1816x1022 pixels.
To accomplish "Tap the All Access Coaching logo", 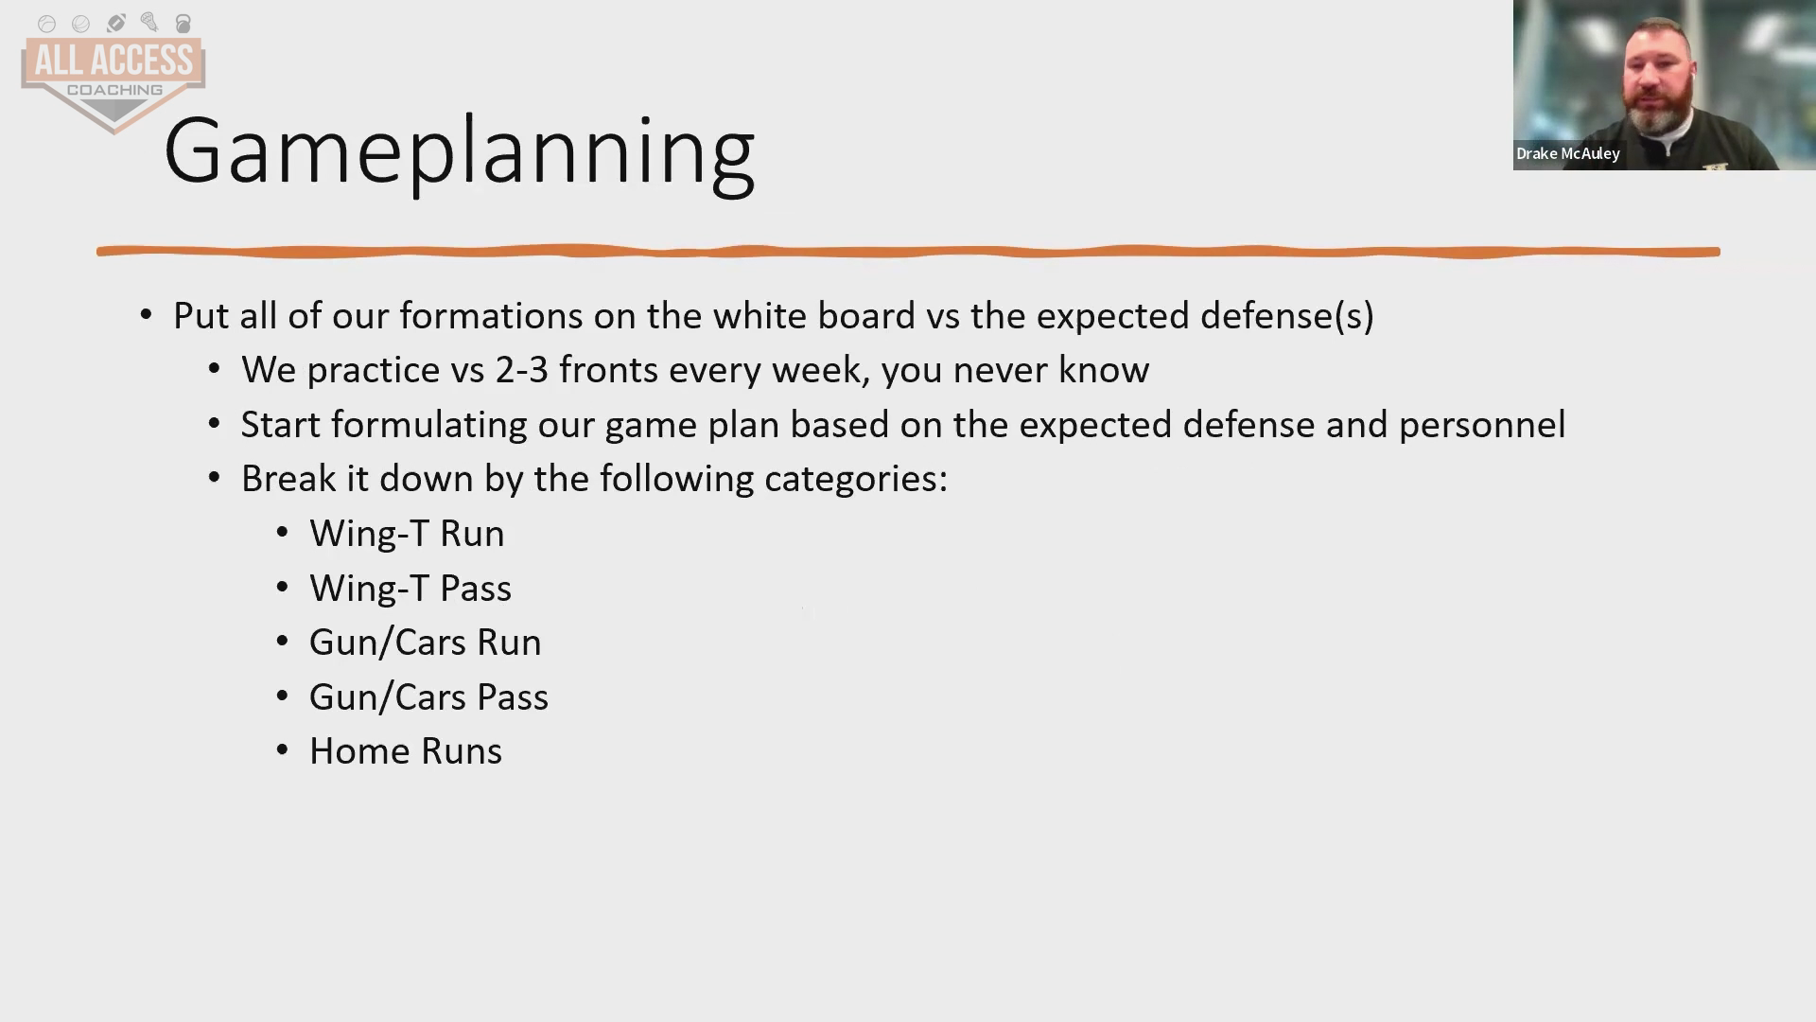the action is [x=113, y=74].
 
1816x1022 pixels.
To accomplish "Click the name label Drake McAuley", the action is [x=1568, y=153].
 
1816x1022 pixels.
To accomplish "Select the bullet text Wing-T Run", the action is [x=407, y=534].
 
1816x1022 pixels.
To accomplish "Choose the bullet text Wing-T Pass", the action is [x=410, y=589].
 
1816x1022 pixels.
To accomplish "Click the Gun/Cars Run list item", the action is [x=426, y=643].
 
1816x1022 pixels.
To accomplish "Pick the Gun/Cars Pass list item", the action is [x=428, y=697].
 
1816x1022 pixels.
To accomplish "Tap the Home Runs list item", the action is [x=406, y=751].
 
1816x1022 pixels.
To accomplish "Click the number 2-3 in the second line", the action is [x=522, y=370].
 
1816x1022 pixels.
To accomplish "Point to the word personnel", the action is [x=1482, y=425].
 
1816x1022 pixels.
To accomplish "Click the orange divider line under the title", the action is [x=908, y=252].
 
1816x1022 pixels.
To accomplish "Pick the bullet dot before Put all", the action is [x=146, y=315].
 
